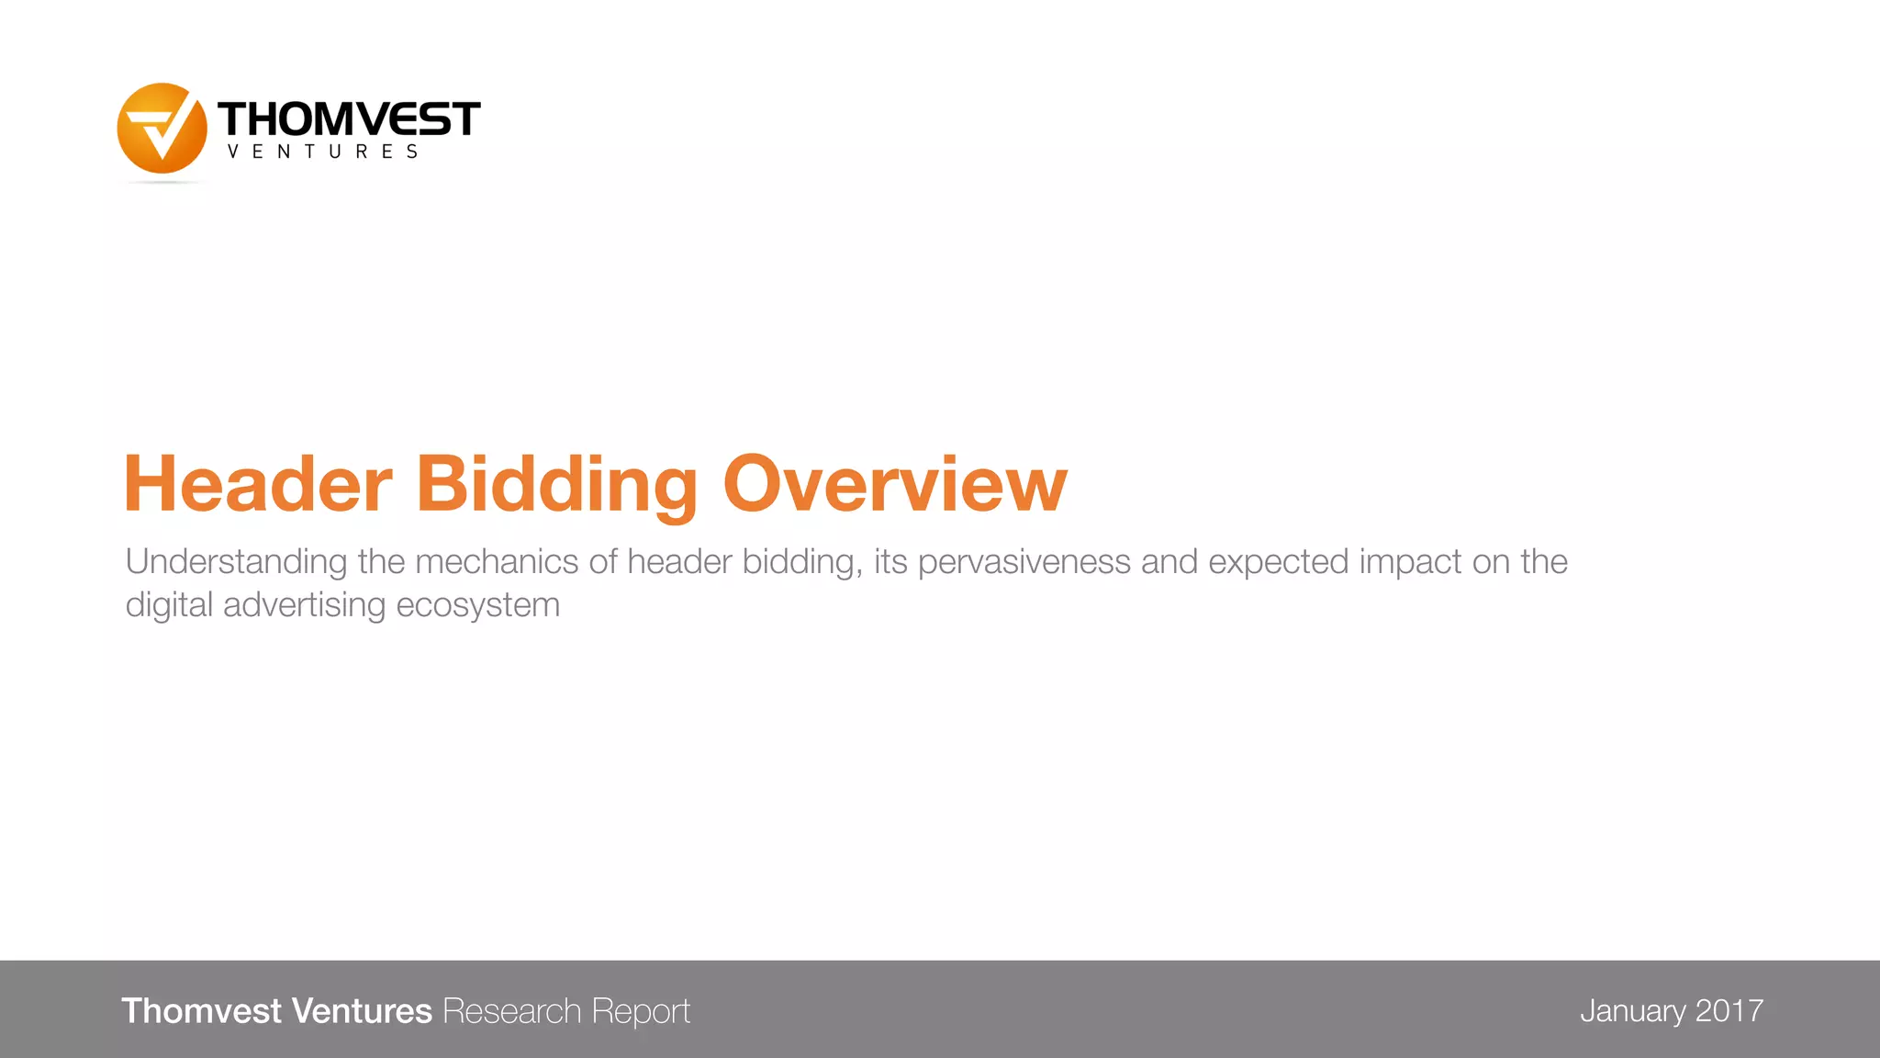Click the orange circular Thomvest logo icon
pos(162,129)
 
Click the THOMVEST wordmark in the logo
pos(349,119)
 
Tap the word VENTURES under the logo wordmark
pos(323,152)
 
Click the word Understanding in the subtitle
pos(236,562)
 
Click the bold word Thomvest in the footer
pos(201,1010)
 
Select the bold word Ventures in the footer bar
pos(362,1010)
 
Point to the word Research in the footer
pos(512,1010)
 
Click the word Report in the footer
pos(641,1011)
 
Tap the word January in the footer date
pos(1633,1010)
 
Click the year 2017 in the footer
pos(1729,1010)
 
